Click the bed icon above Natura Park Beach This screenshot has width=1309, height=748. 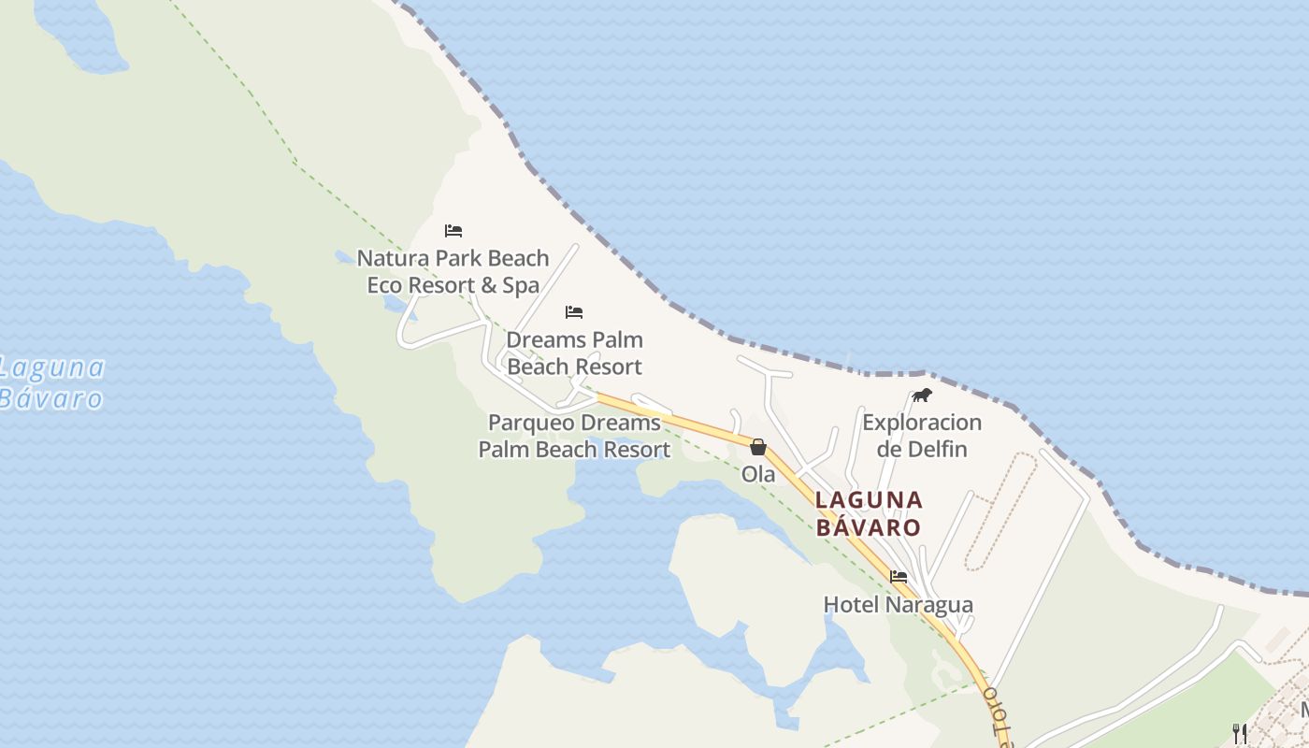(x=453, y=231)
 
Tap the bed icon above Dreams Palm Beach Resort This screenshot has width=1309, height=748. (x=574, y=312)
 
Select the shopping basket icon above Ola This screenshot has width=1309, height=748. (x=758, y=447)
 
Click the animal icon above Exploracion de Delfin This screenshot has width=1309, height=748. (x=922, y=396)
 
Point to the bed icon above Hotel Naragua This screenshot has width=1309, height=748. (x=899, y=577)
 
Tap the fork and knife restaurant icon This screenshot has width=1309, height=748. (x=1240, y=733)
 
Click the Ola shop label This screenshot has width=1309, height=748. (x=758, y=474)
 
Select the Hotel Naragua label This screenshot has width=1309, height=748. (x=898, y=605)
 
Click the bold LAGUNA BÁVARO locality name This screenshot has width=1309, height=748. (x=869, y=513)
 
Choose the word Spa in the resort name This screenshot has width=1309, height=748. (x=522, y=285)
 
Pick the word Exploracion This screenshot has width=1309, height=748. (x=922, y=423)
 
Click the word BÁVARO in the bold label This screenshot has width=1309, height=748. (x=869, y=527)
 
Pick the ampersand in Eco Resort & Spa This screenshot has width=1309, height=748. (x=489, y=285)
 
